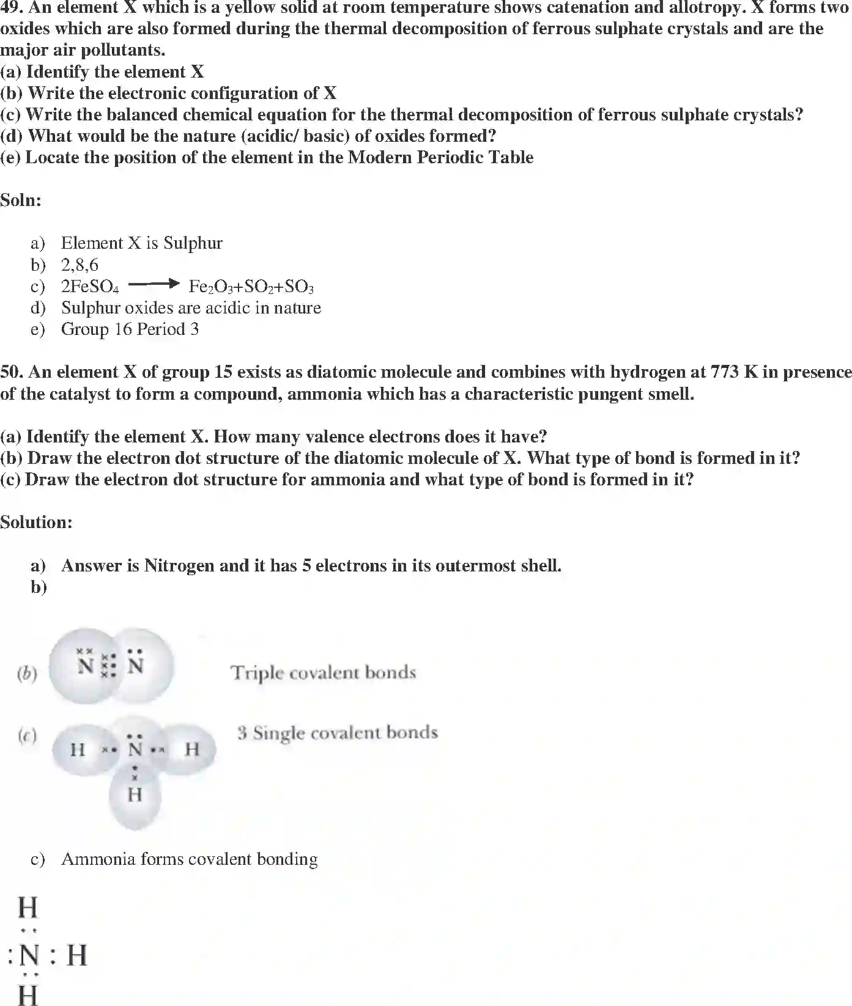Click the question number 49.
[10, 8]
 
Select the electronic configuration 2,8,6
[80, 265]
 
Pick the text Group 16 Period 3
[130, 329]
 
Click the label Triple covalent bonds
[323, 673]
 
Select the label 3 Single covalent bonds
[338, 733]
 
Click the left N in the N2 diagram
[86, 666]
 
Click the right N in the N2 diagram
[136, 666]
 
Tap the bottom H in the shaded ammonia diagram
[135, 795]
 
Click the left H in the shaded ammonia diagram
[77, 749]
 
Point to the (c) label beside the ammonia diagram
[27, 736]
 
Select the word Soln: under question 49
[21, 200]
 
